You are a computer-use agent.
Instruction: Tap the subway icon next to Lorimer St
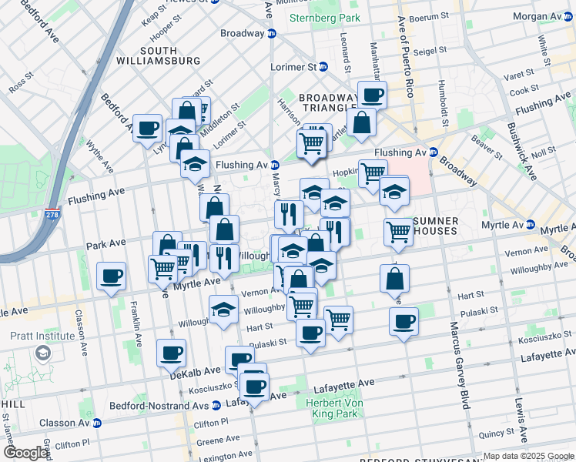coord(323,67)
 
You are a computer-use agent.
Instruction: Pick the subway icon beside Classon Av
coord(96,423)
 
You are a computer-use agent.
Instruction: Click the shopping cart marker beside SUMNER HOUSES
coord(398,230)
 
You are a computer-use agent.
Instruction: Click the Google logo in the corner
coord(25,453)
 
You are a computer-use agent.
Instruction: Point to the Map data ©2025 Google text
coord(528,456)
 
